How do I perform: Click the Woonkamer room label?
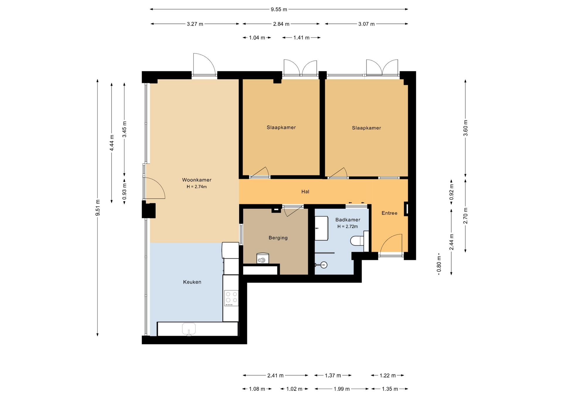(x=197, y=180)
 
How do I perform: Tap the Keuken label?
(x=192, y=282)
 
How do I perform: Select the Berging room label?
(x=278, y=238)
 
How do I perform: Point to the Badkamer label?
(x=348, y=220)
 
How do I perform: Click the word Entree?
(x=389, y=213)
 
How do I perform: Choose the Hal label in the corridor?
(x=305, y=192)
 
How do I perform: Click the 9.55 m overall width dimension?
(x=279, y=9)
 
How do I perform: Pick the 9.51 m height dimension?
(x=98, y=208)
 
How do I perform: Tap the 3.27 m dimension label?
(x=195, y=24)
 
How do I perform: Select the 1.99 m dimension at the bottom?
(x=342, y=389)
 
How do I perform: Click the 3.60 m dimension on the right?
(x=465, y=128)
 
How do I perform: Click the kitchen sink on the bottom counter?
(x=189, y=329)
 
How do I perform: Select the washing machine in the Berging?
(x=263, y=258)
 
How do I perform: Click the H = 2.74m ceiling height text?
(x=197, y=187)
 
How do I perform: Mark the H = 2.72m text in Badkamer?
(x=347, y=227)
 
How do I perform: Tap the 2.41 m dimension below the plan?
(x=275, y=375)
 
